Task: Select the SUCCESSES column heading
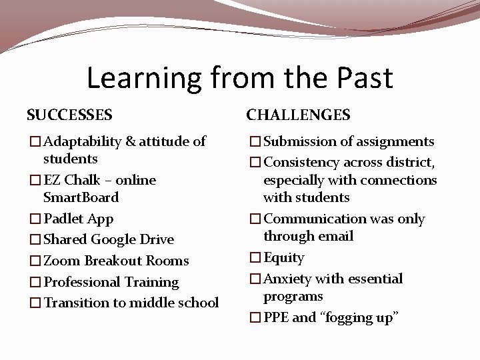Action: pyautogui.click(x=69, y=115)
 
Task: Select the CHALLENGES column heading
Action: pyautogui.click(x=298, y=115)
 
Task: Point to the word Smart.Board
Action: pyautogui.click(x=81, y=197)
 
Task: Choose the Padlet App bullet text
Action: pyautogui.click(x=78, y=219)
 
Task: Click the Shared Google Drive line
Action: pyautogui.click(x=108, y=239)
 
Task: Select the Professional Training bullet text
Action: pyautogui.click(x=111, y=282)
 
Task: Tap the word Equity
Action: pyautogui.click(x=283, y=257)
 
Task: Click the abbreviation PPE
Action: pyautogui.click(x=276, y=317)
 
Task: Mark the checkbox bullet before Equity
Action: pyautogui.click(x=255, y=258)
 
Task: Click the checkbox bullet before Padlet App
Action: pyautogui.click(x=35, y=219)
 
